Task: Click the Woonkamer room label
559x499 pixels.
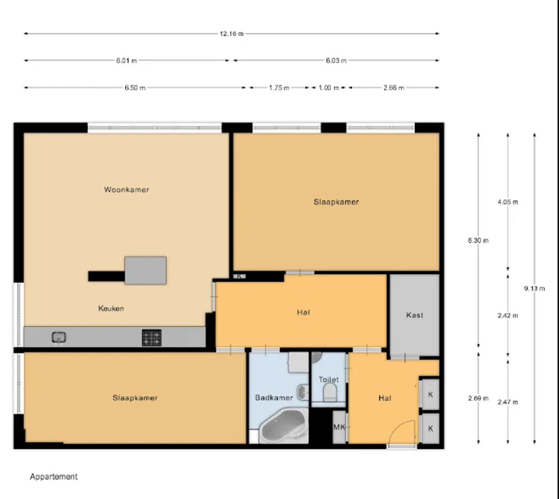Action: (x=126, y=190)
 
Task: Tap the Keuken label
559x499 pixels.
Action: (x=111, y=308)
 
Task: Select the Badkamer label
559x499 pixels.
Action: (x=274, y=398)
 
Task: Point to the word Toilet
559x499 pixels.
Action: (x=328, y=379)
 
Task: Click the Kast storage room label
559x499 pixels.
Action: (x=414, y=315)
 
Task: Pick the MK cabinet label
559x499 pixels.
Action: (x=339, y=427)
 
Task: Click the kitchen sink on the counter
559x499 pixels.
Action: (x=59, y=338)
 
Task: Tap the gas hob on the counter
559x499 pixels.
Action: (x=152, y=338)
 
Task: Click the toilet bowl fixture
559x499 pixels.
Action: (x=330, y=392)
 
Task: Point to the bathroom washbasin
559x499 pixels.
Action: (x=303, y=392)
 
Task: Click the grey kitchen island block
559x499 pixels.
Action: (x=145, y=270)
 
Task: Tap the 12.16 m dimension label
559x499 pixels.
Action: (x=232, y=34)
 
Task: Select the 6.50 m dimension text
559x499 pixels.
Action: (x=135, y=88)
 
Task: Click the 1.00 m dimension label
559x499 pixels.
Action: (x=328, y=88)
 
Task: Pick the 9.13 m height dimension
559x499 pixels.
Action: (x=535, y=288)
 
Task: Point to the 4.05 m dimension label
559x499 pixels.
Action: (x=507, y=202)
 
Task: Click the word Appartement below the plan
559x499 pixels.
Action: (x=54, y=477)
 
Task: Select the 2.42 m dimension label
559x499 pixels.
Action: (x=507, y=315)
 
